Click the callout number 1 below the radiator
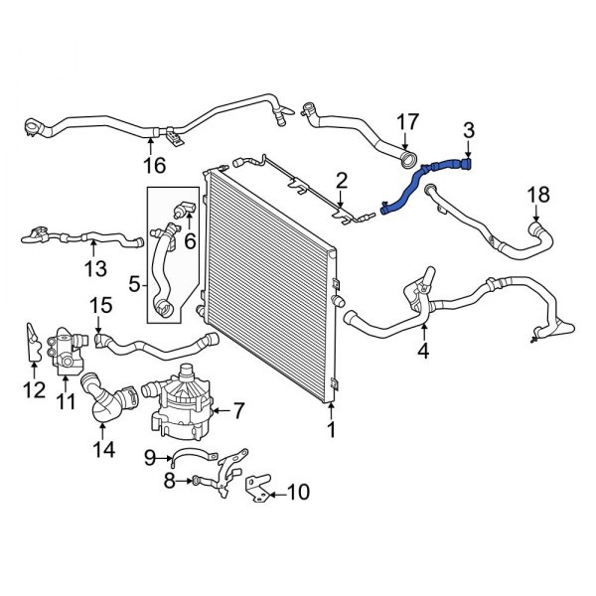(332, 430)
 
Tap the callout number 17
(407, 123)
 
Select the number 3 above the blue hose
(469, 129)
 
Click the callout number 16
(153, 165)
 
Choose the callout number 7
(238, 409)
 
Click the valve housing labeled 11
(69, 350)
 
